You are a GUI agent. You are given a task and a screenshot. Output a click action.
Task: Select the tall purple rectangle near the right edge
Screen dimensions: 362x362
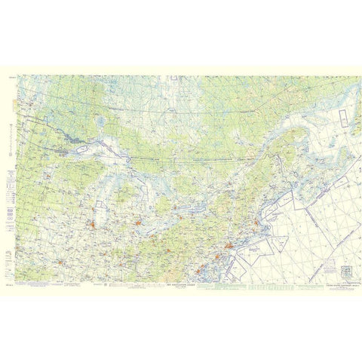(340, 122)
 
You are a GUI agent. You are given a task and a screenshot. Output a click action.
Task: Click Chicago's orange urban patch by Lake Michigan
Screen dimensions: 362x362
(98, 223)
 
